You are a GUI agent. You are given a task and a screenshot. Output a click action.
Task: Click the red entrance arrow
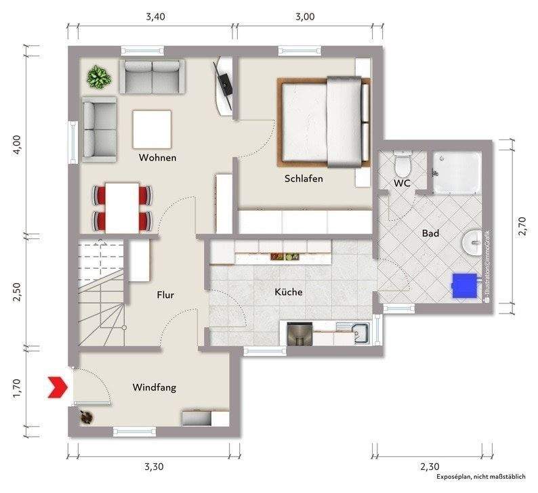click(x=58, y=387)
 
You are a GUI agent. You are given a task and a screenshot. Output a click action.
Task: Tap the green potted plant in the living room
click(x=99, y=77)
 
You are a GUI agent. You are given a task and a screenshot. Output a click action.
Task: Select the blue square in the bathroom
click(x=465, y=286)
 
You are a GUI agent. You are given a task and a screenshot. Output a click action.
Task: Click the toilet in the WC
click(x=402, y=165)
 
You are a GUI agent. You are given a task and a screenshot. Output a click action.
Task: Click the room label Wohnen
click(x=157, y=158)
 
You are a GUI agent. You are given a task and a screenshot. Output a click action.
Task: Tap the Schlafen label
click(x=304, y=178)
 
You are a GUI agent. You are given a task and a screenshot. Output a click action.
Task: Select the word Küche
click(x=289, y=292)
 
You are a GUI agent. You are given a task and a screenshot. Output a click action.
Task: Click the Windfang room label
click(x=154, y=387)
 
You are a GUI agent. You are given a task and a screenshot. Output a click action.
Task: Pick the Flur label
click(x=165, y=295)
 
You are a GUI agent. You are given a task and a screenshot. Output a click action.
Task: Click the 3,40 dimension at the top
click(x=155, y=16)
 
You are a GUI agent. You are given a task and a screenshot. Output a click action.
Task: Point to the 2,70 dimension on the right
click(x=522, y=226)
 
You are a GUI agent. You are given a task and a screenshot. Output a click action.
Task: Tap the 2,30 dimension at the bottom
click(x=430, y=467)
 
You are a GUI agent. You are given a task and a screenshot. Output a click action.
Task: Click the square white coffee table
click(x=152, y=129)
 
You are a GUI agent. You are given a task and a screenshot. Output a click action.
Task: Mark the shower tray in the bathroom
click(x=457, y=172)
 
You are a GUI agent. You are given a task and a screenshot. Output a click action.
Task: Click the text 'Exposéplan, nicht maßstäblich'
click(x=481, y=477)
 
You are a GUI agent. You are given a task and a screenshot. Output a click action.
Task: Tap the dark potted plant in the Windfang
click(x=86, y=417)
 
